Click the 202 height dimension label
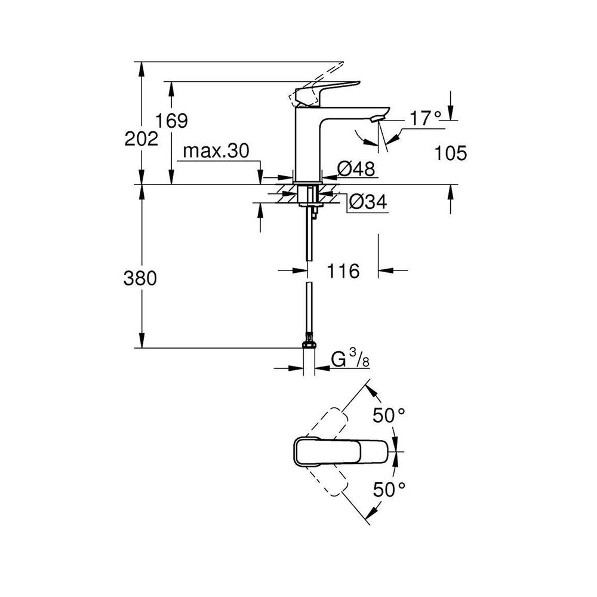coord(141,139)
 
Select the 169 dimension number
coord(172,121)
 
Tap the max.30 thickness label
coord(216,151)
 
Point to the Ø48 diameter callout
coord(356,168)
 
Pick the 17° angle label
coord(426,119)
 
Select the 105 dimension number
coord(450,153)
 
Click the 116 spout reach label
coord(343,271)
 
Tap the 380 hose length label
coord(140,278)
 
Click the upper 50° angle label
coord(389,415)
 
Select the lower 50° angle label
coord(389,490)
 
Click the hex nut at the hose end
coord(309,344)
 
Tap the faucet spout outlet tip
coord(376,119)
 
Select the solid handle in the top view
coord(341,451)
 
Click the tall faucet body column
coord(309,149)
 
